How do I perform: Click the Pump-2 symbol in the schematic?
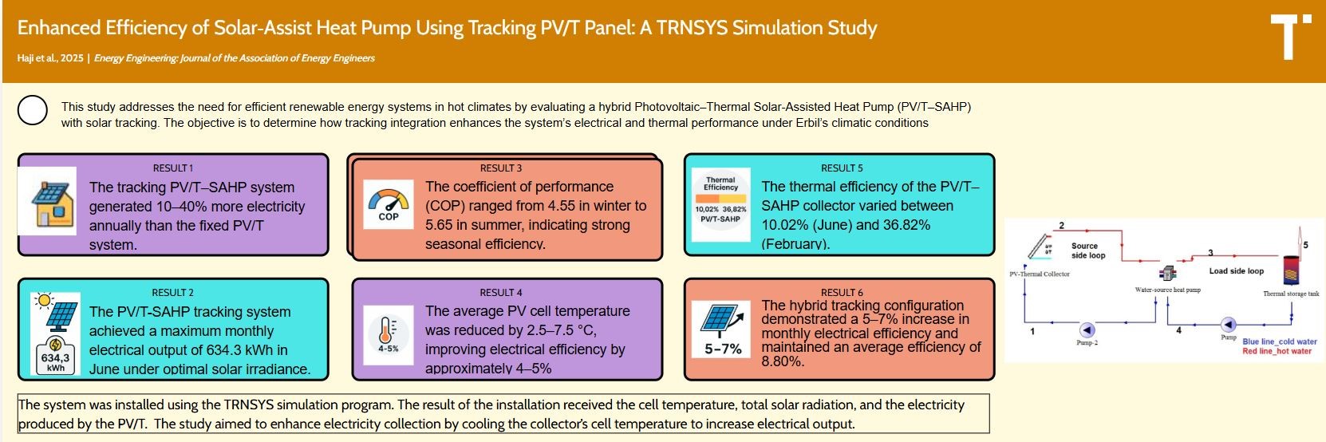point(1087,330)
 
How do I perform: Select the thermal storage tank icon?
point(1291,270)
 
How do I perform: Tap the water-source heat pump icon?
point(1168,273)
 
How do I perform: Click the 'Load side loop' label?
point(1236,271)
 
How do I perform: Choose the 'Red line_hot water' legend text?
point(1277,351)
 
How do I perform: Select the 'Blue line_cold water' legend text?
point(1279,341)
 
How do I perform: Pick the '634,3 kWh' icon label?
point(56,362)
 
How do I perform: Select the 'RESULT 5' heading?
point(842,168)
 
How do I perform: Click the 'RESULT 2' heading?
point(173,293)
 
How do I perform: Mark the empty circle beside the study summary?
point(33,111)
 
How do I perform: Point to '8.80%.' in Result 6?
point(783,361)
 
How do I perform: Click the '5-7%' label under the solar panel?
point(723,349)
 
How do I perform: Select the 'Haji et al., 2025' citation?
point(50,58)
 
